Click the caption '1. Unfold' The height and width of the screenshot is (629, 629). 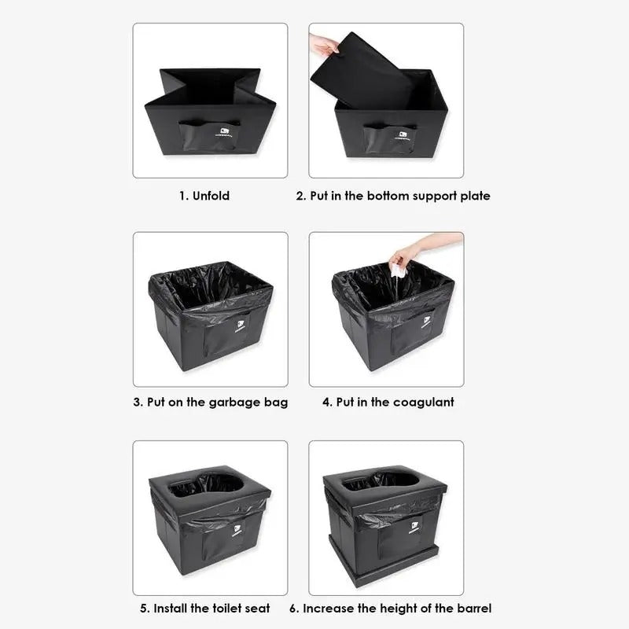point(204,196)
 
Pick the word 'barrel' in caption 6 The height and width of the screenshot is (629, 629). point(473,608)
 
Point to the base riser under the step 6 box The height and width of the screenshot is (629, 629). point(385,576)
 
